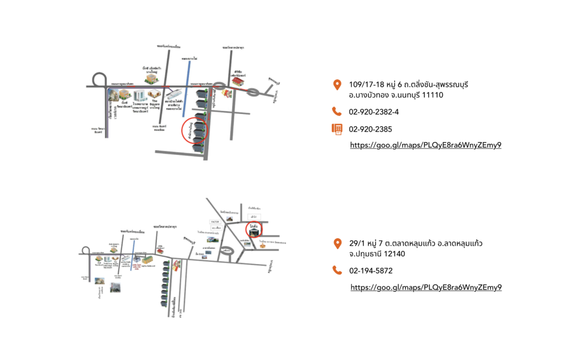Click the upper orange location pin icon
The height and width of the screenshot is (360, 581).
(337, 85)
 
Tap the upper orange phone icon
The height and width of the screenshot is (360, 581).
(337, 111)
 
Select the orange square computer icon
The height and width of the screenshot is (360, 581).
(337, 129)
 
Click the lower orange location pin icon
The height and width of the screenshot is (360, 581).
(338, 244)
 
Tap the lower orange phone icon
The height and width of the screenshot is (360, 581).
(337, 270)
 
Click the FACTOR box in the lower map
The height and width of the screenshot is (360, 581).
(214, 222)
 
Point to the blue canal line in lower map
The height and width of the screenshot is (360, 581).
(132, 255)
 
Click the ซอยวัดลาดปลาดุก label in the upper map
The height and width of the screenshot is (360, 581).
(233, 48)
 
